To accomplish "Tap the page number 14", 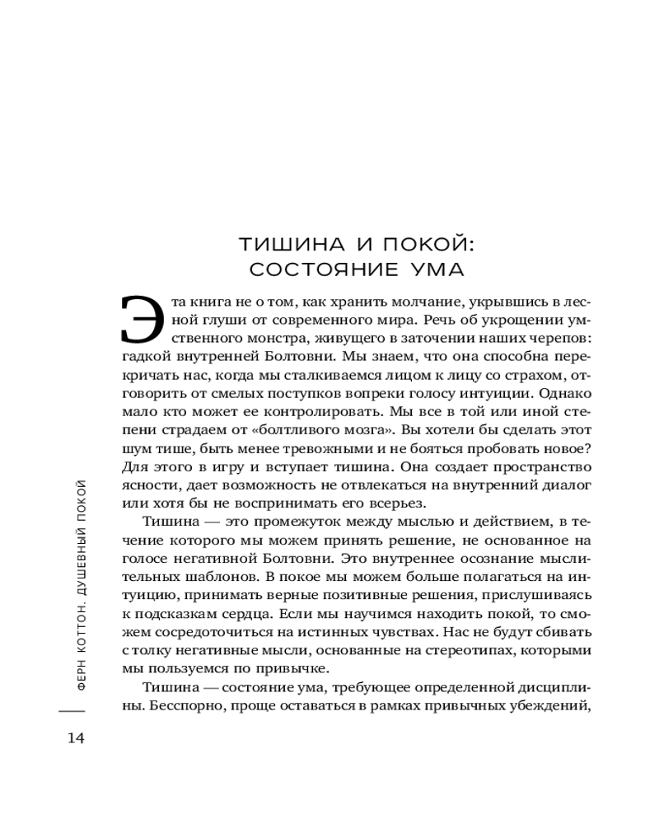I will tap(76, 737).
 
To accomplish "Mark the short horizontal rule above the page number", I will tap(72, 709).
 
